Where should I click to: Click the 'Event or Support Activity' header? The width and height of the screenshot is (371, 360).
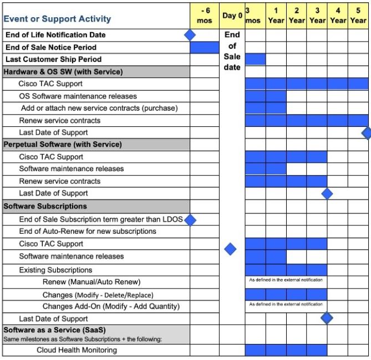click(x=57, y=19)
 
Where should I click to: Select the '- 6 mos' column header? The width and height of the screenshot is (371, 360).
click(x=205, y=16)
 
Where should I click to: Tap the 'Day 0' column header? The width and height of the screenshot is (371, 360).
click(x=232, y=16)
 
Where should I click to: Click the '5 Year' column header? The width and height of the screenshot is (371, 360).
click(x=358, y=16)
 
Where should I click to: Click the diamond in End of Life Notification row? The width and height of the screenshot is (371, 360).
click(x=190, y=35)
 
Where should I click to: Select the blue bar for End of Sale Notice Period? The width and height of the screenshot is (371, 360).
click(x=205, y=47)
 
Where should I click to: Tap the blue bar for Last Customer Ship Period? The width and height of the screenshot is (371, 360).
click(x=255, y=59)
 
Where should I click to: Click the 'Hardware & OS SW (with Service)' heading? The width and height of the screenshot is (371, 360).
click(x=63, y=71)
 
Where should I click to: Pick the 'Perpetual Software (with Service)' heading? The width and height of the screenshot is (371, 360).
click(x=63, y=145)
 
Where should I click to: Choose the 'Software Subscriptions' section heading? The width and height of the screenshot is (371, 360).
click(x=45, y=206)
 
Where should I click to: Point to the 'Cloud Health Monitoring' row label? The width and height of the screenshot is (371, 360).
click(x=77, y=350)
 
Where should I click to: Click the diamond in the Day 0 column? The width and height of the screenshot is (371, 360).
click(x=230, y=249)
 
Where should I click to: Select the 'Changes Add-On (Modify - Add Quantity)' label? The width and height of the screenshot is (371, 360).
click(x=111, y=306)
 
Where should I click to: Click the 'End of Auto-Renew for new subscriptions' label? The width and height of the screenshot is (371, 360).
click(x=88, y=231)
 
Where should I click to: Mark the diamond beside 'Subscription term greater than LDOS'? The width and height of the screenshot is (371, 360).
click(x=190, y=220)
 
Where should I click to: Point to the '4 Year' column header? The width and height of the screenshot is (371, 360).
click(x=338, y=16)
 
